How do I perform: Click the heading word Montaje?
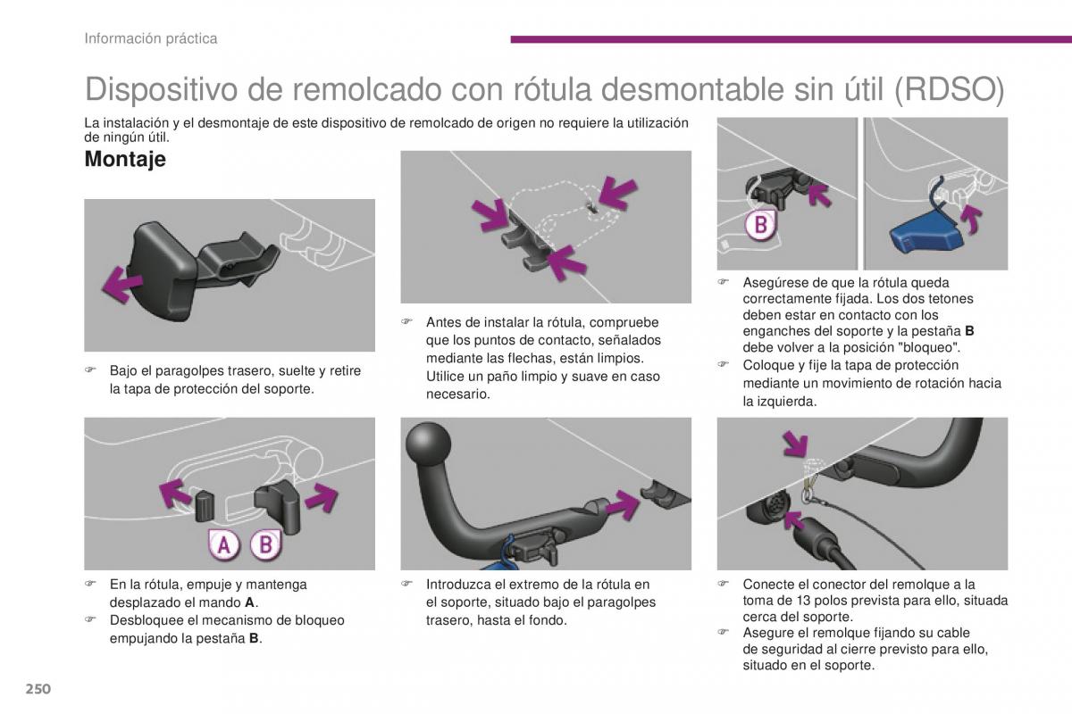(125, 159)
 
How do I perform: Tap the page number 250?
(38, 689)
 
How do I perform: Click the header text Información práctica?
(151, 38)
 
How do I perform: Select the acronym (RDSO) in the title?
(949, 90)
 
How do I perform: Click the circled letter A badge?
(223, 544)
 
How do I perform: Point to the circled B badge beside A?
(266, 544)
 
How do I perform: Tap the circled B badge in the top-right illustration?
(761, 225)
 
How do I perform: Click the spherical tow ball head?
(428, 444)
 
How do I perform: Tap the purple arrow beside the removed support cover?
(122, 285)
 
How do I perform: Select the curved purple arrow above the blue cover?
(973, 219)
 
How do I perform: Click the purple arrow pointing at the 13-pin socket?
(793, 519)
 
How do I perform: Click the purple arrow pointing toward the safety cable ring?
(795, 444)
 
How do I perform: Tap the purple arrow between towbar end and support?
(622, 504)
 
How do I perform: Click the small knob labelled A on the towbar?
(205, 506)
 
